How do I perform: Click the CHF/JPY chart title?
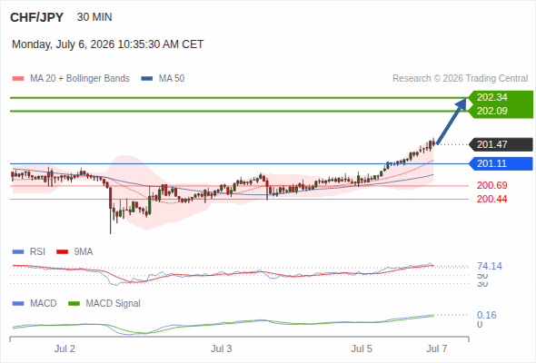pyautogui.click(x=36, y=17)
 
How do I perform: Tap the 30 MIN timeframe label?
pyautogui.click(x=94, y=17)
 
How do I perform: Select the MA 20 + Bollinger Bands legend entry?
pyautogui.click(x=71, y=79)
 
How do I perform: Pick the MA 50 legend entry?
pyautogui.click(x=163, y=79)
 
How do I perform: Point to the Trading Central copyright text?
pyautogui.click(x=460, y=79)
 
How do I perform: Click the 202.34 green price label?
pyautogui.click(x=491, y=97)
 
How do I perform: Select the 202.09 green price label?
pyautogui.click(x=491, y=111)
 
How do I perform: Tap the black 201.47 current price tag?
pyautogui.click(x=501, y=144)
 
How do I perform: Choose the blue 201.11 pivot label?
pyautogui.click(x=501, y=163)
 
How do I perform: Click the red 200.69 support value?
pyautogui.click(x=491, y=185)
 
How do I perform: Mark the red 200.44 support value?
pyautogui.click(x=491, y=199)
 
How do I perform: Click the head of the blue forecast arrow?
pyautogui.click(x=465, y=99)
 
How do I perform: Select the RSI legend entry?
pyautogui.click(x=29, y=251)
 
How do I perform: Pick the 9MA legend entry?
pyautogui.click(x=74, y=251)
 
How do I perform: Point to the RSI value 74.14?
pyautogui.click(x=490, y=266)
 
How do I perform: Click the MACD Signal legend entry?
pyautogui.click(x=104, y=303)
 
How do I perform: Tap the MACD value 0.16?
pyautogui.click(x=486, y=315)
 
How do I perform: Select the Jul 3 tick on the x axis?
pyautogui.click(x=221, y=348)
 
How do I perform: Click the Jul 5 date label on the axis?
pyautogui.click(x=362, y=348)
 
